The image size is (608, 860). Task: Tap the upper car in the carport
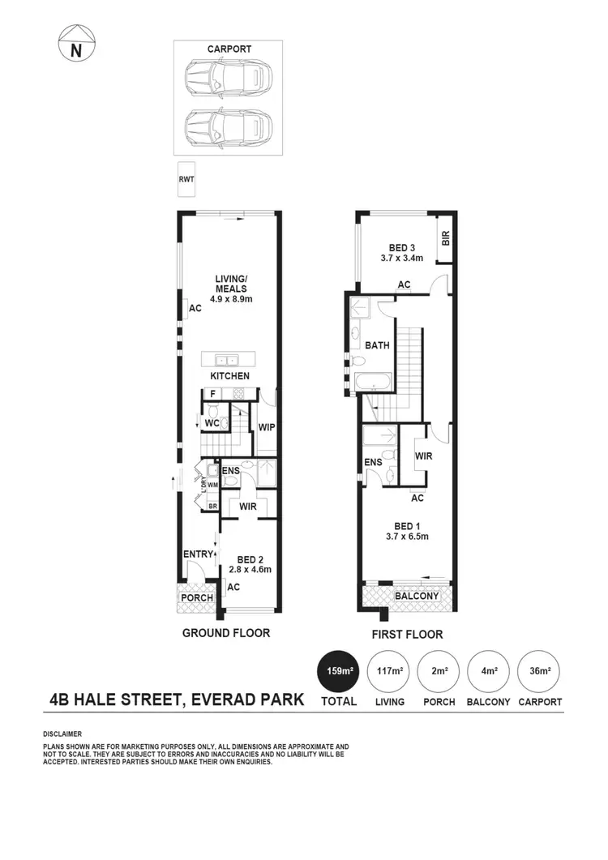(228, 79)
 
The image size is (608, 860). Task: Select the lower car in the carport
(228, 126)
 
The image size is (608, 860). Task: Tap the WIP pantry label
(266, 427)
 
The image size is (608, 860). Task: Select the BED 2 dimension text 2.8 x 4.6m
(250, 569)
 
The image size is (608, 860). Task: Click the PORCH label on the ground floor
(197, 597)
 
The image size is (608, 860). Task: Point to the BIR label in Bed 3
(445, 237)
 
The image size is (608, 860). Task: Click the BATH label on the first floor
(377, 344)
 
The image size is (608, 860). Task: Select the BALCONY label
(416, 597)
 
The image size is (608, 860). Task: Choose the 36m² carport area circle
(540, 671)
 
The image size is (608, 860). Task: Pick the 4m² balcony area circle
(488, 671)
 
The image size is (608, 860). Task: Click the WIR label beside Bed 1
(423, 456)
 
